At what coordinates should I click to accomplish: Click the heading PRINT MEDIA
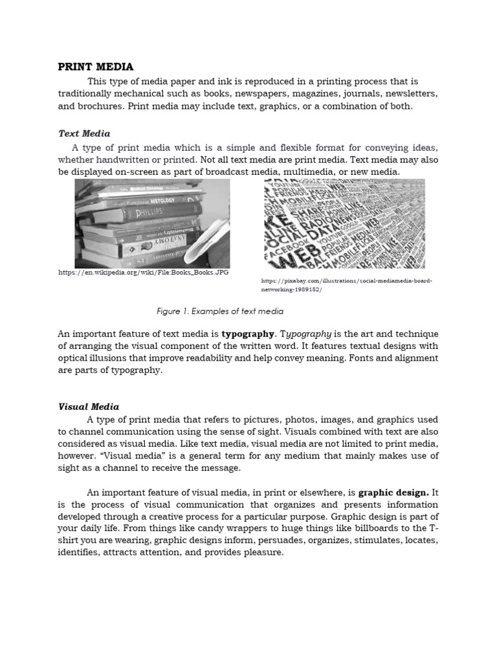coord(96,67)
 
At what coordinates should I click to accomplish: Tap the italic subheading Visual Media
coord(89,407)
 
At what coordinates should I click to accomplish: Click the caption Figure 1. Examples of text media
coord(220,311)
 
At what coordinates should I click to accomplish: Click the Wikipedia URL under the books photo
coord(143,273)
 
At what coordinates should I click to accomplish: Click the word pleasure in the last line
coord(261,554)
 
